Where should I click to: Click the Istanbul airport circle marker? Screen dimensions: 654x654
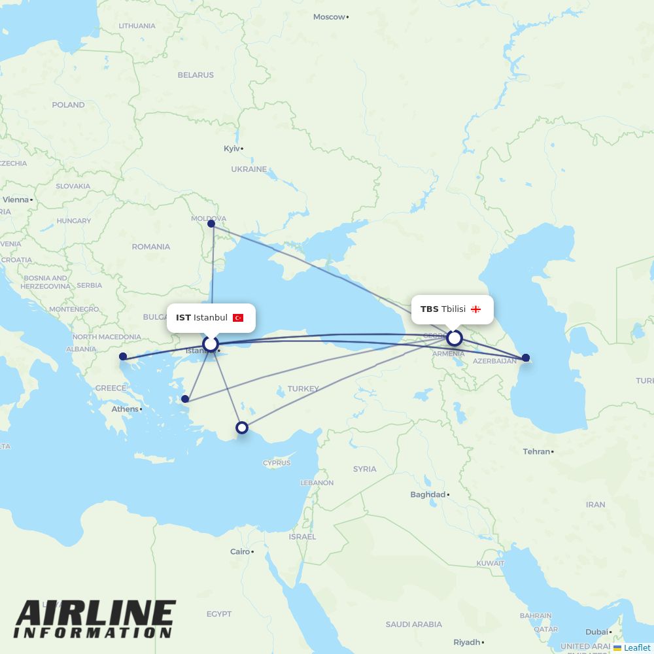(x=211, y=343)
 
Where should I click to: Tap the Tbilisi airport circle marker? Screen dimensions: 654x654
(x=454, y=338)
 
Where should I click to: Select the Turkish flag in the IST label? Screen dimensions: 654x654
(x=238, y=318)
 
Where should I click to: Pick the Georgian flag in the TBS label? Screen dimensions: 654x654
(x=476, y=309)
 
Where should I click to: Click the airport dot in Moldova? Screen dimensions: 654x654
(x=211, y=224)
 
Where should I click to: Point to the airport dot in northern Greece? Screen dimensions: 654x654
(x=123, y=356)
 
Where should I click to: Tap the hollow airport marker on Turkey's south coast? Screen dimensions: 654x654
(x=242, y=428)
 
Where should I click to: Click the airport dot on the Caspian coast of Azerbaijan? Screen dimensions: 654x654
(x=525, y=358)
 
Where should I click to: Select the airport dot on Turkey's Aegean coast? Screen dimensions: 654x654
(x=185, y=399)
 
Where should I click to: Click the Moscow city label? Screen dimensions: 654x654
(x=329, y=17)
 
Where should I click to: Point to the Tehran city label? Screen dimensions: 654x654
(x=536, y=451)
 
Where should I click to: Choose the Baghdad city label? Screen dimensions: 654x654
(x=428, y=494)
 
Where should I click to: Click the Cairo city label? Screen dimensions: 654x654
(x=240, y=551)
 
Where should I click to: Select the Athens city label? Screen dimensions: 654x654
(x=125, y=409)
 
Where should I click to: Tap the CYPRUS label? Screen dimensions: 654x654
(x=277, y=463)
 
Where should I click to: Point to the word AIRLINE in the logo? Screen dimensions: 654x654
(x=95, y=614)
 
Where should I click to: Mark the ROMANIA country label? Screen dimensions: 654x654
(x=150, y=247)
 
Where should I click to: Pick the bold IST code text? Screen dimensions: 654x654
(x=183, y=318)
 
